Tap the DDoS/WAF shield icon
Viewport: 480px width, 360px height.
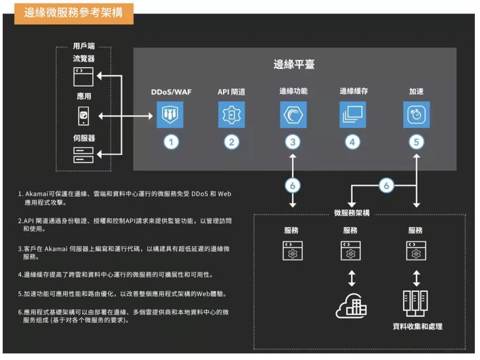pyautogui.click(x=170, y=115)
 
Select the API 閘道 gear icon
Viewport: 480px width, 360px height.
pyautogui.click(x=231, y=115)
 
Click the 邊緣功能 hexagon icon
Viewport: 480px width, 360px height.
pyautogui.click(x=293, y=115)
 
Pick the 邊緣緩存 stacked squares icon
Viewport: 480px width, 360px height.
pyautogui.click(x=352, y=115)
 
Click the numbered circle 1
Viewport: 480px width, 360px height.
pyautogui.click(x=170, y=142)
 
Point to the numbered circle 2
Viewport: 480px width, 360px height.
pyautogui.click(x=231, y=142)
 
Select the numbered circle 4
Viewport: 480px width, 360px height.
pyautogui.click(x=352, y=142)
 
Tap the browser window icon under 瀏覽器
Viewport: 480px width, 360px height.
pyautogui.click(x=83, y=76)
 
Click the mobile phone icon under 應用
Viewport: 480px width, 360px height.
pyautogui.click(x=83, y=116)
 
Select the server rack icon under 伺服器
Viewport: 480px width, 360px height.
pyautogui.click(x=83, y=154)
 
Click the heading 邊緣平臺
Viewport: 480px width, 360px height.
pyautogui.click(x=293, y=65)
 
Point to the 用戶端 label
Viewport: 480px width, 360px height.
pyautogui.click(x=83, y=47)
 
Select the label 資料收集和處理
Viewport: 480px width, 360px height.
pyautogui.click(x=417, y=326)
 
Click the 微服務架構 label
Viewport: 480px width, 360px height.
pyautogui.click(x=352, y=213)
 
